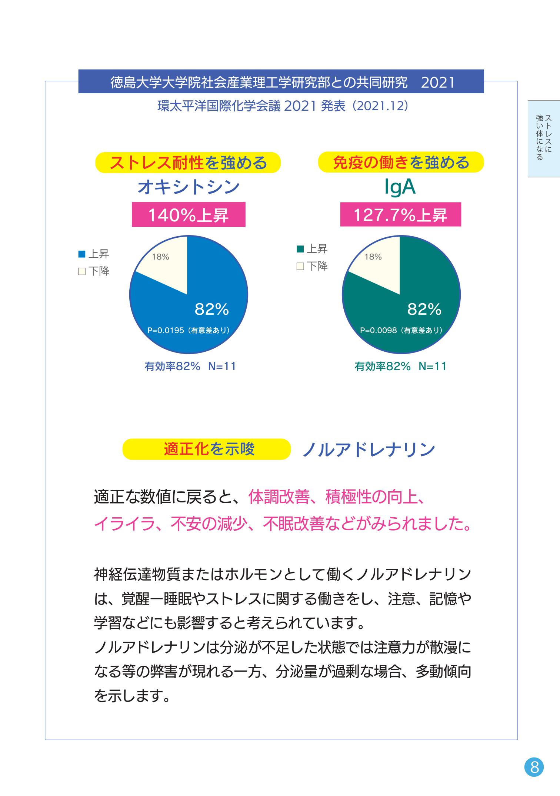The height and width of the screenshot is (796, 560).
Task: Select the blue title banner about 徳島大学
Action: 281,81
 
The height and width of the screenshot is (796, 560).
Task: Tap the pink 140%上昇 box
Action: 189,215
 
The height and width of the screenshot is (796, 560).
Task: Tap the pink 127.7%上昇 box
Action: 400,215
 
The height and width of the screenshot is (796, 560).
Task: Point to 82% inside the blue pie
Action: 212,310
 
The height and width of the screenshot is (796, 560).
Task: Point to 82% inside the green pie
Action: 424,310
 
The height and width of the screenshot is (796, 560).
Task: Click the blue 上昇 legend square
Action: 82,254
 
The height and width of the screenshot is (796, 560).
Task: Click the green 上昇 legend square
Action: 300,249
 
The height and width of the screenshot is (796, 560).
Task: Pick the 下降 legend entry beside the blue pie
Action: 94,271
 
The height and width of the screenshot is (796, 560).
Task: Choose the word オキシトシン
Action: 189,187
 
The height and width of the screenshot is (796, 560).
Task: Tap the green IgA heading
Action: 400,187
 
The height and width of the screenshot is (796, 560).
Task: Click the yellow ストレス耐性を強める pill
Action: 188,163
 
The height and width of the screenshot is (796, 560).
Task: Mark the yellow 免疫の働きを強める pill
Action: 401,163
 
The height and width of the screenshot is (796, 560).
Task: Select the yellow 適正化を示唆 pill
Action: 206,449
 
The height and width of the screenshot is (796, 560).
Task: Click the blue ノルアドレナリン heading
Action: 369,449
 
